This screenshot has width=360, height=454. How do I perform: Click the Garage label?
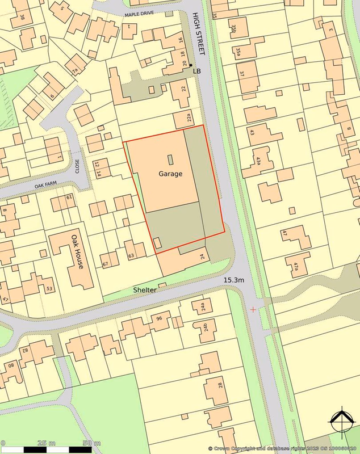coord(170,174)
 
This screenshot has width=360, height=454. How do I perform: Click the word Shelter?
coord(145,289)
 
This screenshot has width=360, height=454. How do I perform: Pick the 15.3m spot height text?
coord(233,280)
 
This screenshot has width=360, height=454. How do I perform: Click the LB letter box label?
coord(197,71)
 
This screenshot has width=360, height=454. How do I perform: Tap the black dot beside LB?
coord(190,65)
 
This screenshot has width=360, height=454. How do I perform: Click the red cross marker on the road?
coord(253,309)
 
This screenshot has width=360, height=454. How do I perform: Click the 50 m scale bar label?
coord(91,443)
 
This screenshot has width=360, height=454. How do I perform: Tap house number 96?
coord(159,318)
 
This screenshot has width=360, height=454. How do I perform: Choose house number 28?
coord(220,388)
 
